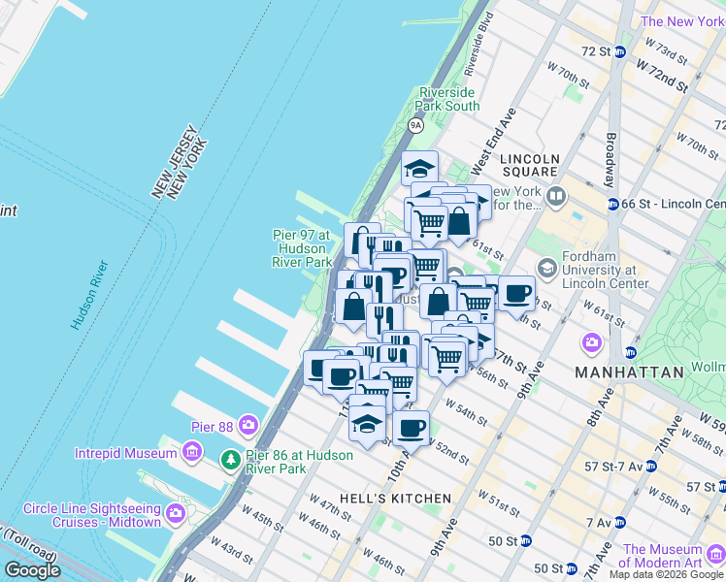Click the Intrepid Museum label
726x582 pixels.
click(125, 451)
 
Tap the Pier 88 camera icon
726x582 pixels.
click(248, 424)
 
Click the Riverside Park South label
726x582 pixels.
click(447, 99)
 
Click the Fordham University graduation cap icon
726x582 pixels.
click(547, 268)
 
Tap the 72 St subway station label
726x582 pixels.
click(594, 50)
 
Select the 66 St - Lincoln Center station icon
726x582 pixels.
click(613, 204)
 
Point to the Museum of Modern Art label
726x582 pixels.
click(669, 555)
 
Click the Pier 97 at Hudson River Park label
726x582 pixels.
click(302, 248)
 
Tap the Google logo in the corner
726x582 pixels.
click(32, 570)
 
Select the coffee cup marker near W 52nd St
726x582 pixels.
click(412, 428)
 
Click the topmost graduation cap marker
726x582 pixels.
click(420, 167)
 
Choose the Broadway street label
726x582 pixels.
click(610, 160)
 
